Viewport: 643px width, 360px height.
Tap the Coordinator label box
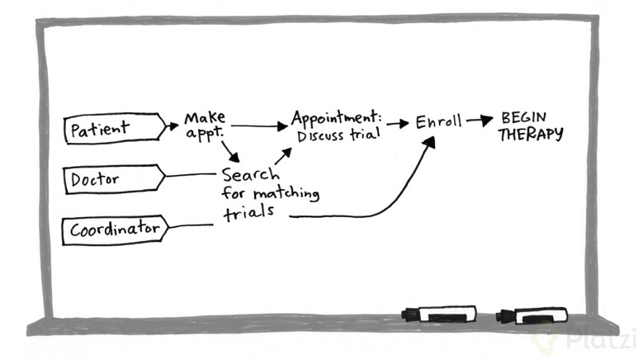(114, 229)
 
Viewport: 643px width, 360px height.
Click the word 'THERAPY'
(530, 135)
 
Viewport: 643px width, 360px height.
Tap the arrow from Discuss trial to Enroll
(398, 124)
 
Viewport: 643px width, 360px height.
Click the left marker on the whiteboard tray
(438, 314)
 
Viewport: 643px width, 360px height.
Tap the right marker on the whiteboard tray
(532, 315)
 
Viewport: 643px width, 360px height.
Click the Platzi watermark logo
(586, 339)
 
